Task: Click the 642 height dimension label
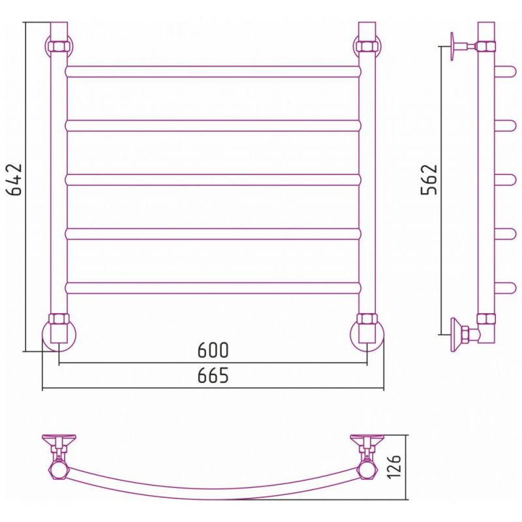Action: (x=14, y=179)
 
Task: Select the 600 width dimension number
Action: (x=213, y=350)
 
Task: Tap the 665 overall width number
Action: (x=213, y=376)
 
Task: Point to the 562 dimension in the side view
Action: (x=429, y=179)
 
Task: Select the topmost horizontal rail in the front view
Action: (x=213, y=72)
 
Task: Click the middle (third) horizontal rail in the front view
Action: (x=213, y=180)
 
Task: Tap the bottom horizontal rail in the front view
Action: (x=213, y=288)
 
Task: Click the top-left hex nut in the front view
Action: (x=59, y=46)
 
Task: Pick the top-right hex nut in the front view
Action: (x=367, y=46)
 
